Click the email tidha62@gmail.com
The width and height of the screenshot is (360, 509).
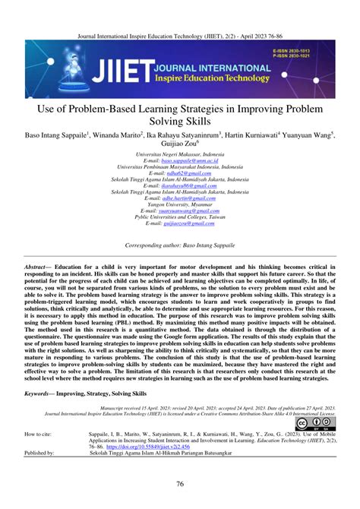point(180,172)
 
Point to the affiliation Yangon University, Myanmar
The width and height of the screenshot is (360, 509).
point(180,204)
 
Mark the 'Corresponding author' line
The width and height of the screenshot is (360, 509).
point(180,245)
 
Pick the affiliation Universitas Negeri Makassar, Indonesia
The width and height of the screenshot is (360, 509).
point(180,154)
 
